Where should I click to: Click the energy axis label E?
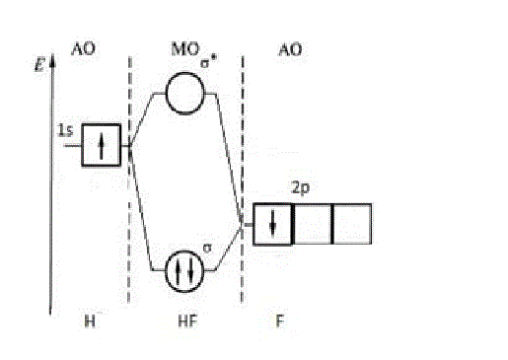(x=39, y=64)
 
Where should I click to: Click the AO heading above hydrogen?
(x=83, y=49)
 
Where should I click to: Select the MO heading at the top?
(x=185, y=49)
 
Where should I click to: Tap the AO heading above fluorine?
(x=290, y=50)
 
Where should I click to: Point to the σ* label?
(x=209, y=62)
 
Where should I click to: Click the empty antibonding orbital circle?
(x=166, y=94)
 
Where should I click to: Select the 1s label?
(x=65, y=130)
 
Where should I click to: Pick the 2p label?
(x=301, y=188)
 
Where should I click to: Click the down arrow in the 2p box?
(x=272, y=224)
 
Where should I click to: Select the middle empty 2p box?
(x=313, y=224)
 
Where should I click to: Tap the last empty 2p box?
(x=352, y=224)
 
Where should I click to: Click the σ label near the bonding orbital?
(x=207, y=248)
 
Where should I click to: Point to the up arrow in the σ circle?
(x=178, y=271)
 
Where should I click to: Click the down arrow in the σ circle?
(x=191, y=271)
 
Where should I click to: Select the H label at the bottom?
(x=90, y=321)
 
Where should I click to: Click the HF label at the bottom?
(x=187, y=321)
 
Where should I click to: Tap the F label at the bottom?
(x=279, y=321)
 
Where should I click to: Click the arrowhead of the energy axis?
(x=52, y=60)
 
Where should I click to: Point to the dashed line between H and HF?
(x=129, y=180)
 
